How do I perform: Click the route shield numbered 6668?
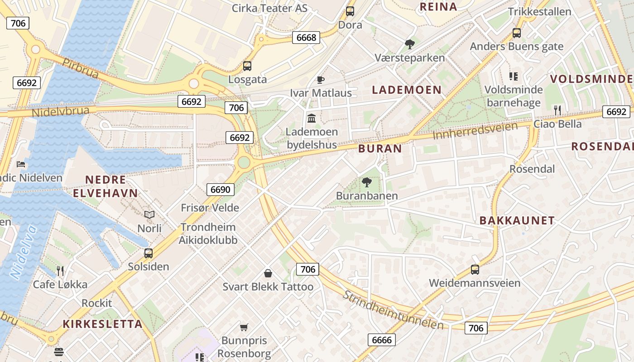(x=306, y=38)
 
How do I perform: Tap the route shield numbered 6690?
(x=221, y=190)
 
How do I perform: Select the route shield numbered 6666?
(x=381, y=340)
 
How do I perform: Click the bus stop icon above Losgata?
(x=247, y=66)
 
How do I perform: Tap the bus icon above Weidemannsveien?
(x=475, y=270)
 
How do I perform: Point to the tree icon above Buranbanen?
(x=367, y=182)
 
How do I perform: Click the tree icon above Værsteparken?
(x=410, y=44)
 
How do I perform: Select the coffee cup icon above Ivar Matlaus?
(x=321, y=80)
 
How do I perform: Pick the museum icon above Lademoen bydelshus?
(x=312, y=119)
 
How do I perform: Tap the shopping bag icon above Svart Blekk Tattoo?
(x=268, y=273)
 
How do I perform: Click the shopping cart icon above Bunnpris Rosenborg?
(x=244, y=327)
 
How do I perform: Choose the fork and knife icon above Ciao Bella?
(x=557, y=110)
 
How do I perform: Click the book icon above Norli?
(x=149, y=214)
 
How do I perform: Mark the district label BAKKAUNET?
(x=517, y=221)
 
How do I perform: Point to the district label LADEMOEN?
(x=406, y=90)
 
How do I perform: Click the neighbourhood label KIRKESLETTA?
(x=102, y=324)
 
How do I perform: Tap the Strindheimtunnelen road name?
(x=392, y=310)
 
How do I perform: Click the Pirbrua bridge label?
(x=80, y=68)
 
